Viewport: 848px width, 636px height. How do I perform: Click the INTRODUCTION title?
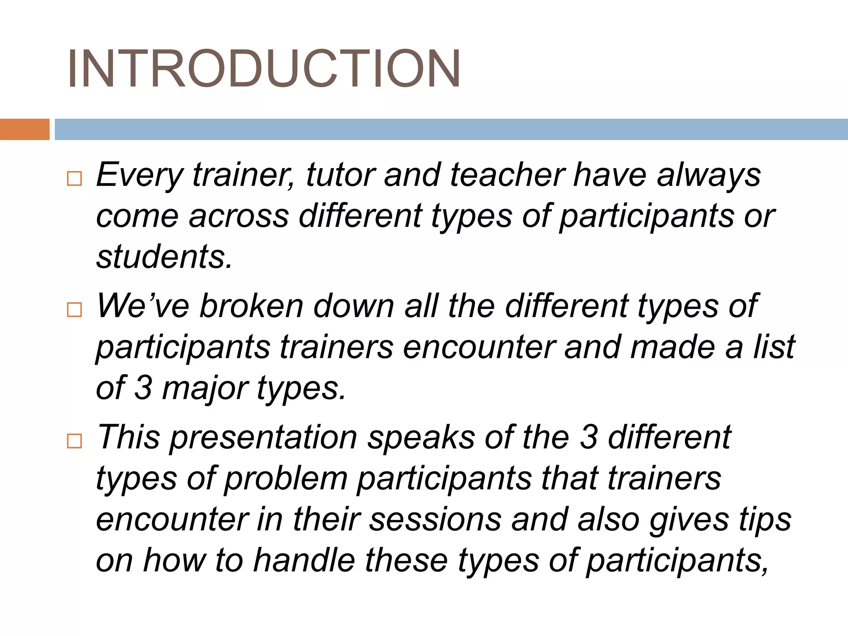[264, 69]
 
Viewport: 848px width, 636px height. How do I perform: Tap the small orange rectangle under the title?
[24, 129]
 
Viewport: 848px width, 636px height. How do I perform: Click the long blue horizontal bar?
[451, 129]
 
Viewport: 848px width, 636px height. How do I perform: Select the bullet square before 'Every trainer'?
[75, 179]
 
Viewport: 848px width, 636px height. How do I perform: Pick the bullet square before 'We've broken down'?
[75, 310]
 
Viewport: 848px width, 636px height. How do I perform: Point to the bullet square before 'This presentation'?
[75, 441]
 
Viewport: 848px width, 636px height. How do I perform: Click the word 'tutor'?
[340, 175]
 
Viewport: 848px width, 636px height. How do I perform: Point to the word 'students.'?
[164, 257]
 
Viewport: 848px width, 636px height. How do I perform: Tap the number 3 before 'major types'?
[143, 388]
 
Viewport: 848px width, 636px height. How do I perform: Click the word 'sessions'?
[435, 520]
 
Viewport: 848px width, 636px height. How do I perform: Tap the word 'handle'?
[304, 560]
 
